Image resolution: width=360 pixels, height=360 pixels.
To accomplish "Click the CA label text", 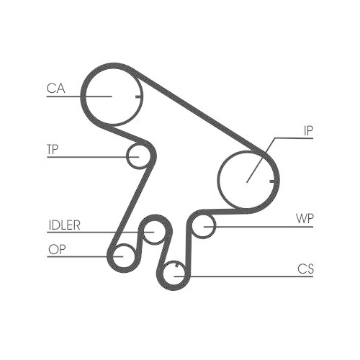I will pos(55,89).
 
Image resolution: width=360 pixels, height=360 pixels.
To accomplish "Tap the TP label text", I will pos(52,150).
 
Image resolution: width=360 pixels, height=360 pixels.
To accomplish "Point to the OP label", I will pos(55,250).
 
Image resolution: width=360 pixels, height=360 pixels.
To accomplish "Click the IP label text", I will pos(308,131).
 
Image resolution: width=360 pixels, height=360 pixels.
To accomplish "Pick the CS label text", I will pos(305,269).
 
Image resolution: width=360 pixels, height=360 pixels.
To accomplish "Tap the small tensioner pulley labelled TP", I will pos(137,156).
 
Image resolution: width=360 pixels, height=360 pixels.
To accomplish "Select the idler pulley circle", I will pos(153,233).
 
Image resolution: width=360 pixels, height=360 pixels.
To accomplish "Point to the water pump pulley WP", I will pos(206,226).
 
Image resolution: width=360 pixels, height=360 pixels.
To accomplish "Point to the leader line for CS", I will pos(245,276).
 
